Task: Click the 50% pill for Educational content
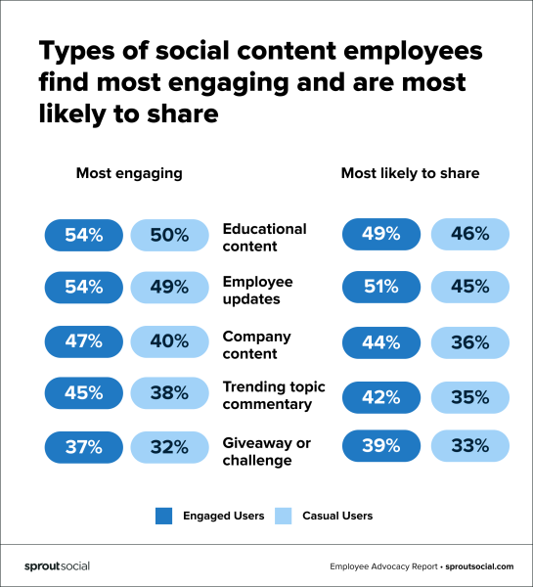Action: [x=169, y=235]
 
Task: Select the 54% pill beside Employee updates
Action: [x=83, y=288]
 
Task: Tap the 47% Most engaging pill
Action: [x=83, y=341]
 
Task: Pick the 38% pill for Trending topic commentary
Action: [x=169, y=393]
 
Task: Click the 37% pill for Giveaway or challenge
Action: [x=83, y=446]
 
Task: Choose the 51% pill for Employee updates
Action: [x=381, y=288]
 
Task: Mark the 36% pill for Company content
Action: [x=469, y=341]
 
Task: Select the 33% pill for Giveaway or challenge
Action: [x=469, y=446]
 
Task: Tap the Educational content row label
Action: [x=264, y=237]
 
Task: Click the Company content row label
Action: [x=257, y=344]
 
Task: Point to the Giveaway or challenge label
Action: [x=266, y=451]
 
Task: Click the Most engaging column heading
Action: [x=129, y=173]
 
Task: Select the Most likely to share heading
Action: [x=410, y=173]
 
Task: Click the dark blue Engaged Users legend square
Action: [x=163, y=516]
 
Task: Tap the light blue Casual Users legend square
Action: [x=284, y=516]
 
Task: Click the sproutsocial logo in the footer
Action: [x=57, y=566]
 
